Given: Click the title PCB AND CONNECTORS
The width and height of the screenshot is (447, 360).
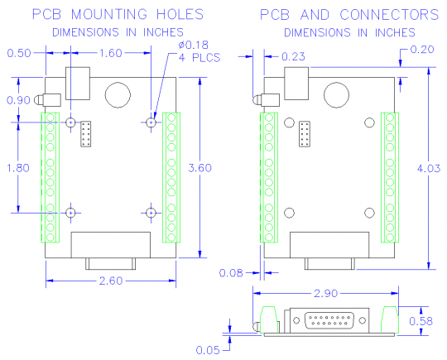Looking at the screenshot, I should pyautogui.click(x=348, y=15).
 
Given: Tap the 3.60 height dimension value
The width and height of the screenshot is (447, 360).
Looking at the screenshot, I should pyautogui.click(x=201, y=168).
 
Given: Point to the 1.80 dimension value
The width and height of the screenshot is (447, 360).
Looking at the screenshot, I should pyautogui.click(x=17, y=168).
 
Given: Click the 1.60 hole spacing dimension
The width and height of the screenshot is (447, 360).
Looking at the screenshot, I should pyautogui.click(x=111, y=54).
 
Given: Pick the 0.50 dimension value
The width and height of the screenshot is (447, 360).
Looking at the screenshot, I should pyautogui.click(x=18, y=54).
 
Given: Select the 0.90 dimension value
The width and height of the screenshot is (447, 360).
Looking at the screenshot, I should pyautogui.click(x=17, y=100).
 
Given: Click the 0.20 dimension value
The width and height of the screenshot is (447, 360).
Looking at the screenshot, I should pyautogui.click(x=422, y=50).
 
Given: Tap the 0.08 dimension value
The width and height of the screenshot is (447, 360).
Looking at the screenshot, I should pyautogui.click(x=232, y=271).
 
